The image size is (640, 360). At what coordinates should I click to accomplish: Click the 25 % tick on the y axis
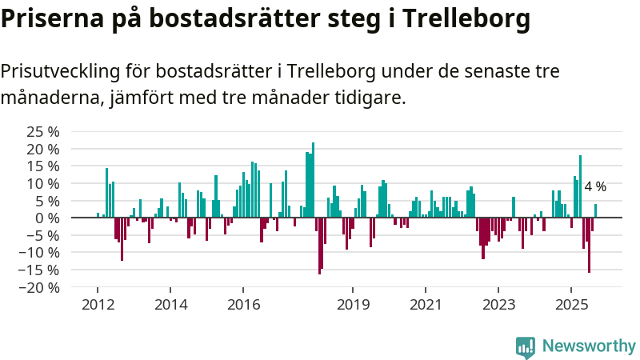(42, 132)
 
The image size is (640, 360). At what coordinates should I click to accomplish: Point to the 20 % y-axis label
(42, 150)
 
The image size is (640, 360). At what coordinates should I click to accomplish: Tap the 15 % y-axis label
(42, 166)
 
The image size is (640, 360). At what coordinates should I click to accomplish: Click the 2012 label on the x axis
(98, 305)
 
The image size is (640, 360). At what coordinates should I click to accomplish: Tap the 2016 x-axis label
(244, 305)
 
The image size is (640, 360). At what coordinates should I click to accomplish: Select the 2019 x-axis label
(353, 305)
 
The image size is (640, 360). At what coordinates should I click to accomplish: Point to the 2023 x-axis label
(498, 305)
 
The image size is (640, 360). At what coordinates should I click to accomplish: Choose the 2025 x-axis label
(571, 305)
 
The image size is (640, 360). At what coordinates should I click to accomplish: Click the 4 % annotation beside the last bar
(595, 186)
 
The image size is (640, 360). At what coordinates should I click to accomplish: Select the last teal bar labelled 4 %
(595, 210)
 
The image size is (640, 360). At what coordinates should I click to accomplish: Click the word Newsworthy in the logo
(589, 346)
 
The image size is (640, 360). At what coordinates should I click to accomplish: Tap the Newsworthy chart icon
(526, 346)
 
